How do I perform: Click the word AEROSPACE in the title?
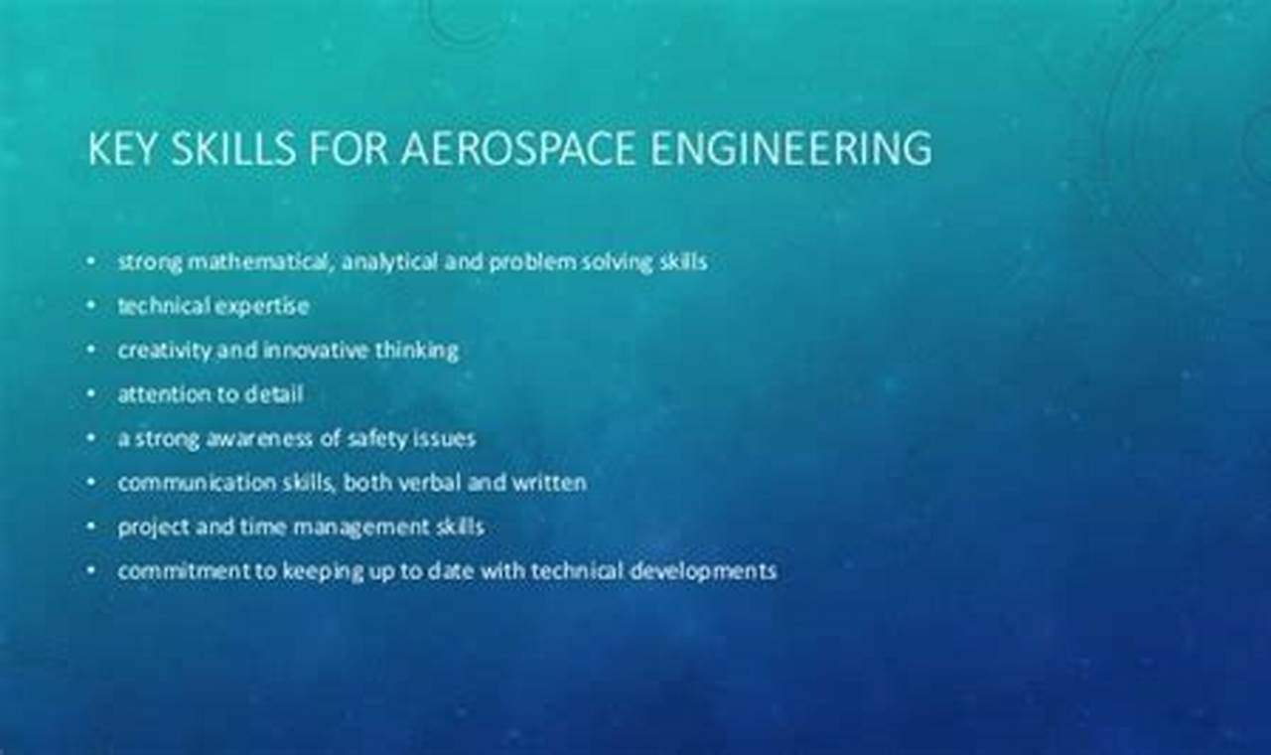coord(518,148)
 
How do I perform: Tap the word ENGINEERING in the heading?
coord(791,148)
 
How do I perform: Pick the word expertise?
coord(263,307)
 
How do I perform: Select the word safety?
coord(355,438)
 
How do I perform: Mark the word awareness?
coord(259,438)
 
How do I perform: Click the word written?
coord(548,483)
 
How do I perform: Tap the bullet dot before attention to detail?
coord(91,394)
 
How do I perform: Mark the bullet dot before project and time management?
coord(91,527)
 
